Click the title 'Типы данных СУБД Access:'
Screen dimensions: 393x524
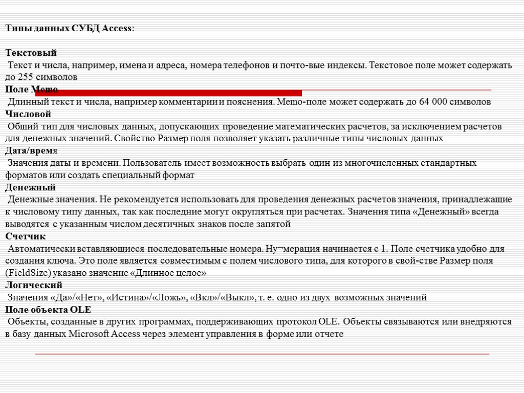point(71,29)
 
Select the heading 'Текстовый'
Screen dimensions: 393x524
point(31,53)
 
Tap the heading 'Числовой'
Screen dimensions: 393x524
point(29,114)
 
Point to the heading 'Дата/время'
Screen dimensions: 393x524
point(32,151)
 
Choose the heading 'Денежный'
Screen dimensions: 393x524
point(31,187)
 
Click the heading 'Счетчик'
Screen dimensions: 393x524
point(26,236)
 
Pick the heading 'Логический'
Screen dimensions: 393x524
point(34,285)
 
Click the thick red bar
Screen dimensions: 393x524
point(169,93)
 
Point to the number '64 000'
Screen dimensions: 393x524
point(432,102)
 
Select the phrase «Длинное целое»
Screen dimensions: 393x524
point(169,273)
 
